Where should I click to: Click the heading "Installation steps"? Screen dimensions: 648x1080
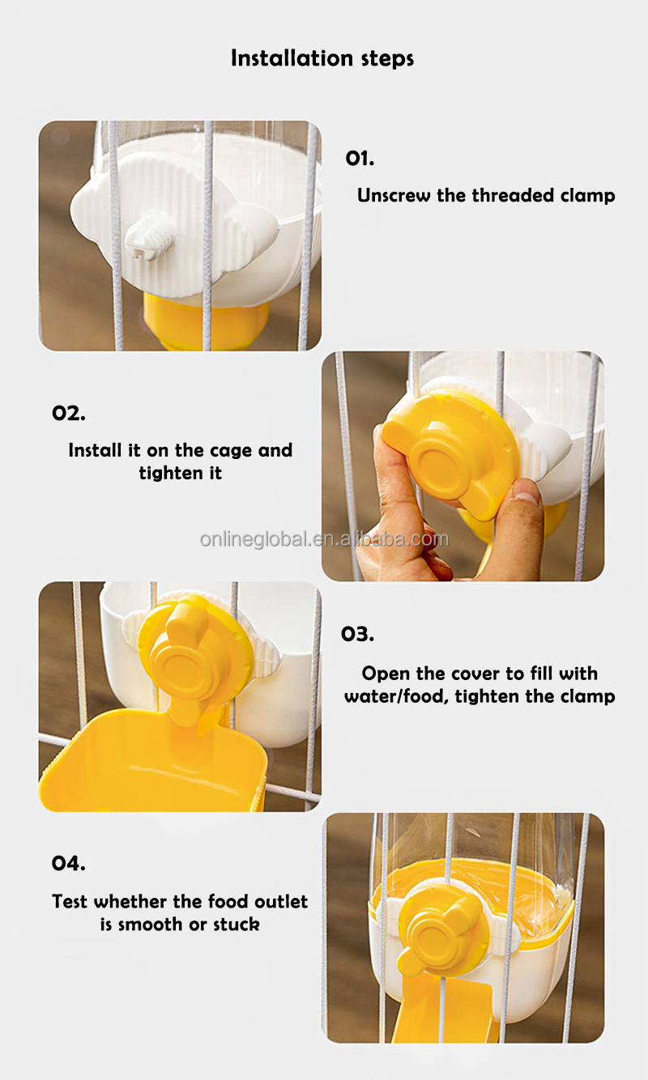322,58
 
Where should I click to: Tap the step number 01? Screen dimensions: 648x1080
360,158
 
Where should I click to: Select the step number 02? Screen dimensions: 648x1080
69,413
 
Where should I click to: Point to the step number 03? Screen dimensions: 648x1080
357,634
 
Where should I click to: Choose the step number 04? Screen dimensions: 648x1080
69,863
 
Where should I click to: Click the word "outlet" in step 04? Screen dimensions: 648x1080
281,902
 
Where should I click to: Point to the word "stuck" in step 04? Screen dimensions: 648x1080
237,925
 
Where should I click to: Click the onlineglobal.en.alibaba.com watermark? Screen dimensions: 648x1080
324,539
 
